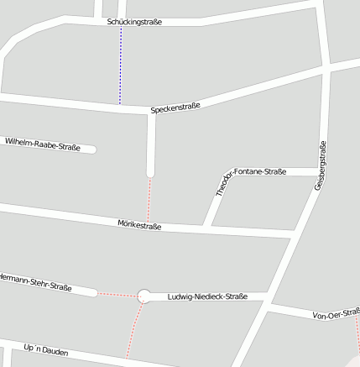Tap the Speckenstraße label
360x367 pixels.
(x=175, y=109)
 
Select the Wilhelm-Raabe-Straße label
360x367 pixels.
(x=43, y=144)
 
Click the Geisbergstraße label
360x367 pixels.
(x=320, y=165)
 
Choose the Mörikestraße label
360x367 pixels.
(x=139, y=224)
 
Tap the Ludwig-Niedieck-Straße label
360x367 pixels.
(x=207, y=296)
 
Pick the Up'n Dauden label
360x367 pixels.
(x=46, y=349)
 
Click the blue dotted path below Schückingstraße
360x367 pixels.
(x=120, y=66)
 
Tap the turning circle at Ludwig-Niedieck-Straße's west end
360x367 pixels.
(x=144, y=296)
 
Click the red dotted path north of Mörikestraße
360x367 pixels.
(x=149, y=200)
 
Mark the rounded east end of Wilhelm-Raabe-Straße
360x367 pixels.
(x=92, y=149)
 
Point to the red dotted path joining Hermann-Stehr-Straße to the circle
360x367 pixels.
(x=117, y=295)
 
